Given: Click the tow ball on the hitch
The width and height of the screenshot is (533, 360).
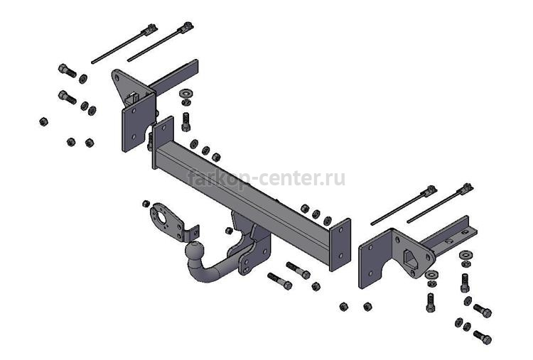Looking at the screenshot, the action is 194,252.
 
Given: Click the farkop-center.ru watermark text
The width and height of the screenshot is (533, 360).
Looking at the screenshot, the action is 266,178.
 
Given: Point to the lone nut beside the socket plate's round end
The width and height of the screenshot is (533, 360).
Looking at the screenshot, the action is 146,204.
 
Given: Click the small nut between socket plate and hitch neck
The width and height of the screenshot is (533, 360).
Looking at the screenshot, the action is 228,231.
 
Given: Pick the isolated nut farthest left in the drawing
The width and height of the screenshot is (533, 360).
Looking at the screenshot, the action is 43,121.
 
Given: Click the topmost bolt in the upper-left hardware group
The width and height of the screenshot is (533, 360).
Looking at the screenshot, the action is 67,70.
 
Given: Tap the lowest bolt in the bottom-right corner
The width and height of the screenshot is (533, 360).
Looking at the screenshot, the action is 482,337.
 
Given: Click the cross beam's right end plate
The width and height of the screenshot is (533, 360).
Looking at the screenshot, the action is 340,244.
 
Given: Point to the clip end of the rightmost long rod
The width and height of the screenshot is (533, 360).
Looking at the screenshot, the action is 467,187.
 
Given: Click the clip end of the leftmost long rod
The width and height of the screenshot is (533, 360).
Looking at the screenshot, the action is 150,28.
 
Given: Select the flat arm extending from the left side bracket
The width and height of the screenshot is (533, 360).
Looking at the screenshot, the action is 174,80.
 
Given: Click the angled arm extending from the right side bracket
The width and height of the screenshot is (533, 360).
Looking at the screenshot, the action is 448,234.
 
